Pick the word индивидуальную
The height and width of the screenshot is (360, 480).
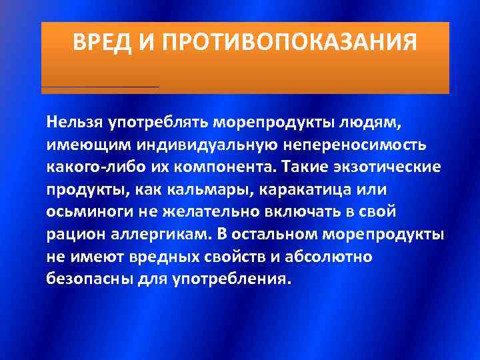pos(196,144)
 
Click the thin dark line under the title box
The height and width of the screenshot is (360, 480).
pos(100,87)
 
